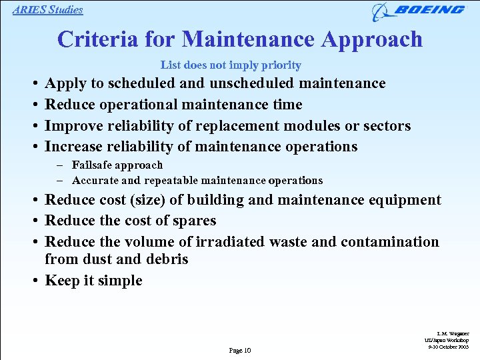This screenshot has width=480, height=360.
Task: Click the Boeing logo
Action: tap(419, 11)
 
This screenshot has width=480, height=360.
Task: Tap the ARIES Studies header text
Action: tap(48, 10)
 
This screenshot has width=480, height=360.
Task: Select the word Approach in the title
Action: tap(371, 39)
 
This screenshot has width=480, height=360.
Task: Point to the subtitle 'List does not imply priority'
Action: tap(231, 65)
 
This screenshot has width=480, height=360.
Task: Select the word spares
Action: tap(193, 221)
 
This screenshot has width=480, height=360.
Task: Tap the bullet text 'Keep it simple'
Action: tap(93, 281)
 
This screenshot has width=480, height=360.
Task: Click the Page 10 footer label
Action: tap(239, 351)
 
